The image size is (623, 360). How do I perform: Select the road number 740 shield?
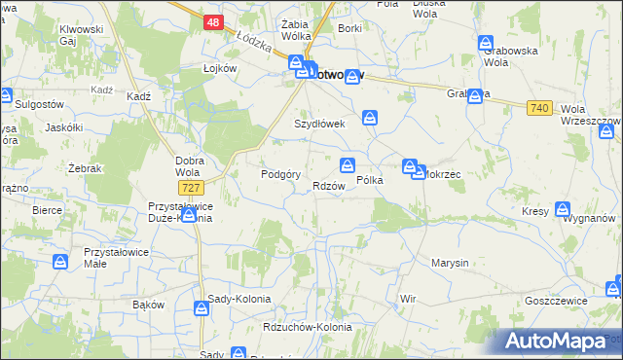[x=541, y=108]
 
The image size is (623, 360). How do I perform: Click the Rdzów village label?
[x=328, y=186]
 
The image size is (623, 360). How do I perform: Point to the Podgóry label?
[x=278, y=174]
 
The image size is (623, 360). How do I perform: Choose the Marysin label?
[x=450, y=263]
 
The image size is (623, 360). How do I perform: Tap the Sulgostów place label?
[x=42, y=102]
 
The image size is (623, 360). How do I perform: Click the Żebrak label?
[x=86, y=168]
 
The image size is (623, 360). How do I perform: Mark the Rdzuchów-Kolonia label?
[x=308, y=327]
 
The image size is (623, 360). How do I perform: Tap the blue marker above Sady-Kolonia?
[x=202, y=308]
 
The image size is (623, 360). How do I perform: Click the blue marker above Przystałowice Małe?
[x=61, y=260]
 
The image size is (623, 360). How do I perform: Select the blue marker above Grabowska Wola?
[x=486, y=43]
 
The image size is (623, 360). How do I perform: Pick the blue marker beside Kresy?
[x=564, y=208]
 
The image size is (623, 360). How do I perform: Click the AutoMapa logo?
[x=558, y=342]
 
